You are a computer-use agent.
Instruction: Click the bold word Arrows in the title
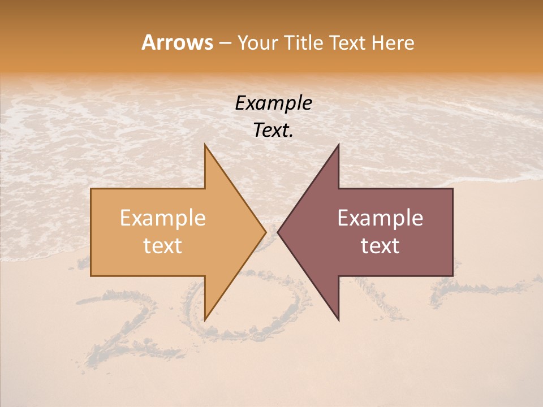[177, 42]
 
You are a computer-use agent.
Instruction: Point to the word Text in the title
[348, 42]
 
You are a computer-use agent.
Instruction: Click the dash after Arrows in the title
[225, 43]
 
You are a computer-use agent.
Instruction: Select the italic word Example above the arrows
[273, 103]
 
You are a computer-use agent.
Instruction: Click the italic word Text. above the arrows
[273, 131]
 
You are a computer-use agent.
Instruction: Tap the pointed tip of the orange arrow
[265, 232]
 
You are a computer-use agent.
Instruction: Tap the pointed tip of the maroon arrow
[278, 232]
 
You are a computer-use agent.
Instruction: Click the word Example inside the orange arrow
[162, 218]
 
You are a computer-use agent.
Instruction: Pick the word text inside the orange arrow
[162, 245]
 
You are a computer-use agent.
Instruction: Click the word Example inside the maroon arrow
[380, 218]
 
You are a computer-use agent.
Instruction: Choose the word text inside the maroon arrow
[380, 245]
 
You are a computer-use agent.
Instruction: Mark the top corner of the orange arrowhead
[205, 145]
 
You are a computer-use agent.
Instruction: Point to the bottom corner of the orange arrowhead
[205, 320]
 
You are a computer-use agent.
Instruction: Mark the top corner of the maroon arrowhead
[338, 145]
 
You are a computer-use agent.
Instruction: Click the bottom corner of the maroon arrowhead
[338, 320]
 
